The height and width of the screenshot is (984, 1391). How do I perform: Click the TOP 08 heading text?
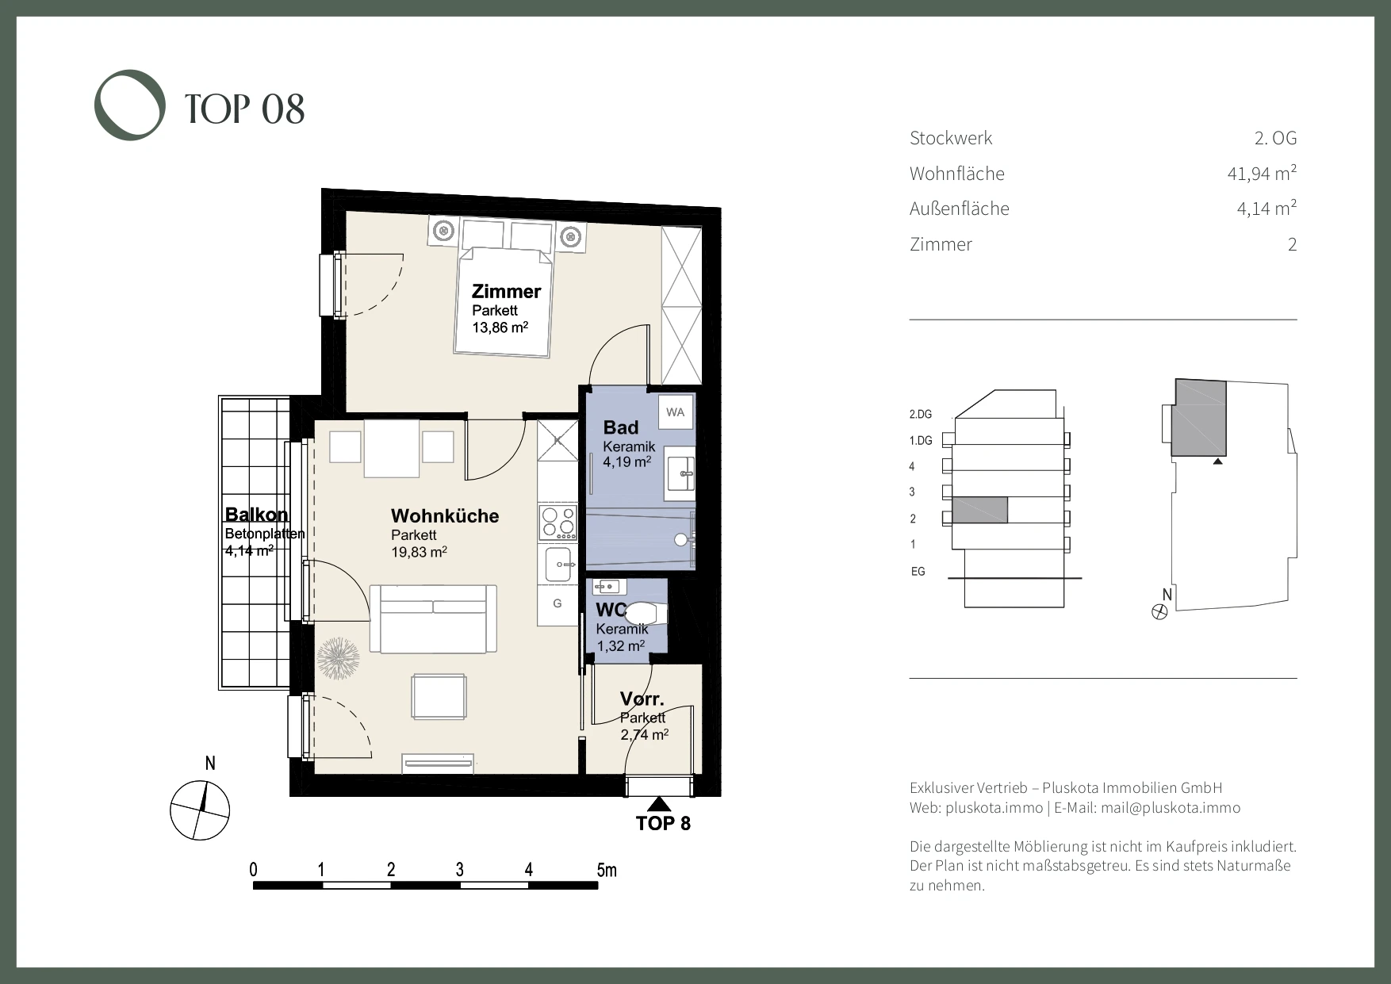pos(244,109)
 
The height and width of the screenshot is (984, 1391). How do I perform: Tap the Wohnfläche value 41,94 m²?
pos(1262,173)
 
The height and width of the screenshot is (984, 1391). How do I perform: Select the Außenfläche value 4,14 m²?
pos(1266,209)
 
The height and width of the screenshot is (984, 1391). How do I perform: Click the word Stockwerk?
pos(951,138)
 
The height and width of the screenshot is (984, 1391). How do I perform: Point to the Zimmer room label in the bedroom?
pos(506,291)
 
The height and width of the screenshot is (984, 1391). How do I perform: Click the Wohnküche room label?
pos(445,516)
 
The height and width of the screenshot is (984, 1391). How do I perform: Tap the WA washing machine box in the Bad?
pos(675,412)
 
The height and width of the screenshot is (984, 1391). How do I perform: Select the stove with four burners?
pos(558,523)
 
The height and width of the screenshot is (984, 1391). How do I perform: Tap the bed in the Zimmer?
pos(503,301)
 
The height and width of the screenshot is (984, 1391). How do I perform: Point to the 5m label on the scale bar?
pos(607,870)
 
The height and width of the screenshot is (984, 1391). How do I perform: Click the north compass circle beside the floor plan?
pos(200,810)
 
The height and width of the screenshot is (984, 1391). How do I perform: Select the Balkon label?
pos(256,515)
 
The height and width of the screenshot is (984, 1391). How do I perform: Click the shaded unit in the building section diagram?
pos(980,510)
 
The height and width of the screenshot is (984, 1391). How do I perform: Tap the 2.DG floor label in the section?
pos(920,414)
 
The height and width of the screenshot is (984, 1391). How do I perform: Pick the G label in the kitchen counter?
pos(558,603)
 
